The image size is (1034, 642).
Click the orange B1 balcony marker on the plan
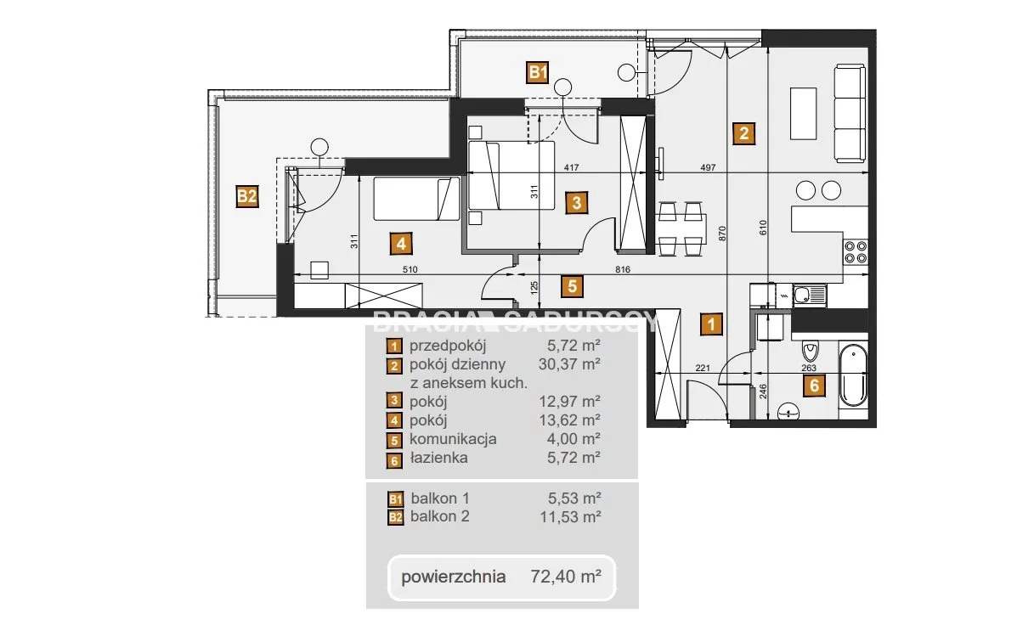click(537, 72)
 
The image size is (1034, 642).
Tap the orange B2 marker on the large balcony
click(247, 197)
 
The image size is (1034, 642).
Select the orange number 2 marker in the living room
click(744, 133)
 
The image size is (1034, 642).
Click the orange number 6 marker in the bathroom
click(814, 385)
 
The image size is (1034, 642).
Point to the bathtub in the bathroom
click(853, 375)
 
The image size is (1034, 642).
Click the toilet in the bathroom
click(810, 352)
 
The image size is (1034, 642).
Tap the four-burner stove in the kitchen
click(856, 252)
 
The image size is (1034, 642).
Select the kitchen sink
click(810, 296)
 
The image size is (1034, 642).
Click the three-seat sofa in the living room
click(850, 114)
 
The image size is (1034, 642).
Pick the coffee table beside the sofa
click(803, 114)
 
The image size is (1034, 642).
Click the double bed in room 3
click(511, 176)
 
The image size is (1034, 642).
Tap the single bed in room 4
click(417, 199)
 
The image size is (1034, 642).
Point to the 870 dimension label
click(722, 233)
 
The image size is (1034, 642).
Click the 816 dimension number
click(623, 269)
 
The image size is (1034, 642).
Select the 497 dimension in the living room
click(708, 167)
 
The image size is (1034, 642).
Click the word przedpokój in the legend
click(448, 346)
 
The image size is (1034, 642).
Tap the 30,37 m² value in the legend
click(569, 364)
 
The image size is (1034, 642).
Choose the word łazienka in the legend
click(439, 458)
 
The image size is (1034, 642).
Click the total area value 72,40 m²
click(566, 576)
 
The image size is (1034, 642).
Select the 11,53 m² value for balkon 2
click(571, 516)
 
